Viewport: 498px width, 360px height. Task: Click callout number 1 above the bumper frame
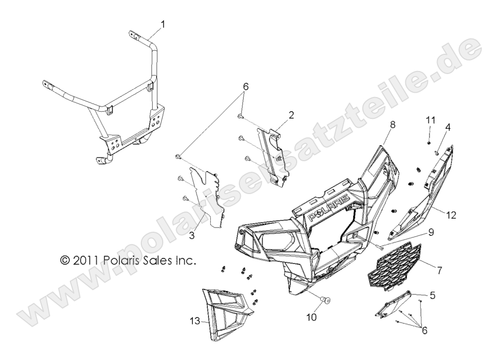(163, 24)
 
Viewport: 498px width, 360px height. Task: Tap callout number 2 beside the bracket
(291, 115)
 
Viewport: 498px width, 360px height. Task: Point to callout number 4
(448, 127)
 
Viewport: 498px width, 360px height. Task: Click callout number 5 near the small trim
(433, 295)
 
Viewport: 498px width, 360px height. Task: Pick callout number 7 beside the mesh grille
(440, 271)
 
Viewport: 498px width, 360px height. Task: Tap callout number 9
(431, 232)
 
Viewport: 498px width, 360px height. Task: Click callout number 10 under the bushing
(312, 317)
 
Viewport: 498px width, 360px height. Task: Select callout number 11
(430, 120)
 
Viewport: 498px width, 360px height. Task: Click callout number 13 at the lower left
(196, 321)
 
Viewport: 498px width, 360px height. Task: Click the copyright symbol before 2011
(65, 260)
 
